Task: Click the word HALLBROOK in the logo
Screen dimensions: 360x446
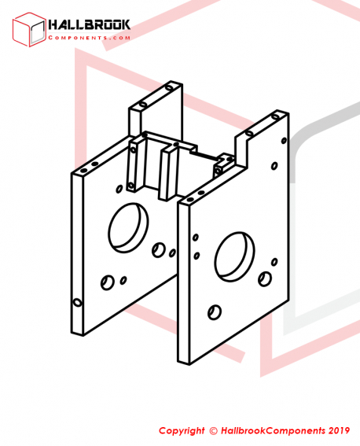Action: [90, 24]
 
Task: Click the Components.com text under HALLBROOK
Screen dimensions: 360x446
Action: [90, 38]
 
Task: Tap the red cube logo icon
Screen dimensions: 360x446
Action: [29, 29]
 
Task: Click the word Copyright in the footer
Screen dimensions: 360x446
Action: [182, 430]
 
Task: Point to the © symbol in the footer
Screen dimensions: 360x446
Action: [213, 431]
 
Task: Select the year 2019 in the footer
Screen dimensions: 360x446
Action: [339, 430]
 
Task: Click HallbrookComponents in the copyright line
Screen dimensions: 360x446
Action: [273, 431]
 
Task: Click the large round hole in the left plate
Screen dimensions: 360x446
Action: [128, 228]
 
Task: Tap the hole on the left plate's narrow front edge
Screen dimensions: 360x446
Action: [77, 302]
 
